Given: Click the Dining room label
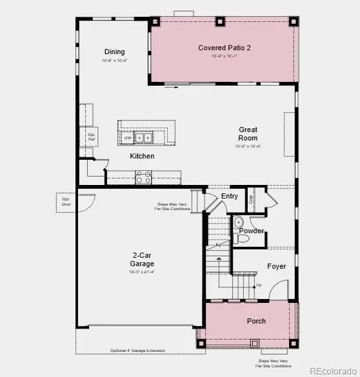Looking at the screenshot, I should pyautogui.click(x=114, y=52).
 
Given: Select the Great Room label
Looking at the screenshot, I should pyautogui.click(x=248, y=133).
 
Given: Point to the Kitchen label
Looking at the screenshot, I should pyautogui.click(x=142, y=156).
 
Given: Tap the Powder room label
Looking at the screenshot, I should pyautogui.click(x=251, y=231).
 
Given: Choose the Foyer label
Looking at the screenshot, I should pyautogui.click(x=276, y=266).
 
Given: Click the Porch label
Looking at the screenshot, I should pyautogui.click(x=256, y=321).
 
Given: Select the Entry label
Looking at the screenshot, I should pyautogui.click(x=229, y=196).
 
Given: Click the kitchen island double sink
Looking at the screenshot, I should pyautogui.click(x=143, y=137).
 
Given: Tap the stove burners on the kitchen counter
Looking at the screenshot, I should pyautogui.click(x=143, y=177).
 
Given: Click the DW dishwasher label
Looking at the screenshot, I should pyautogui.click(x=127, y=137).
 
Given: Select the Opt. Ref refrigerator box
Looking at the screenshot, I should pyautogui.click(x=92, y=136).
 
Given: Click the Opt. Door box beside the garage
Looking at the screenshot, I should pyautogui.click(x=66, y=200).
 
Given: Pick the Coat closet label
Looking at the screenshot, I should pyautogui.click(x=252, y=199).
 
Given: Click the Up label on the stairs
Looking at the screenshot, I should pyautogui.click(x=259, y=285).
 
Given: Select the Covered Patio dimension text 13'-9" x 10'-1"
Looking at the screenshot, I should pyautogui.click(x=225, y=57).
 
